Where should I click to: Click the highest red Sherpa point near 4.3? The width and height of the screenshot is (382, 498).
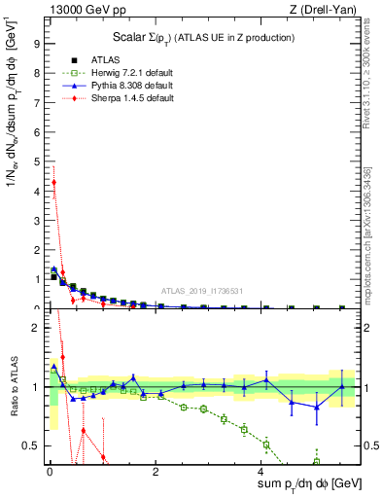click(54, 182)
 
